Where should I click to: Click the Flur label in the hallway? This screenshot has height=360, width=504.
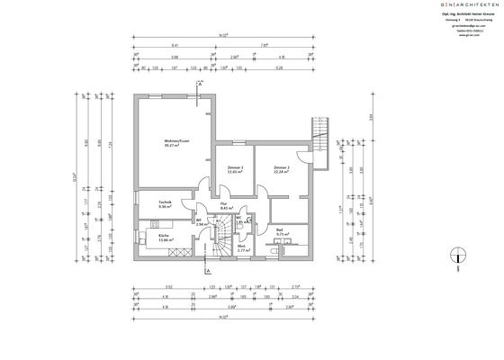[x=223, y=203]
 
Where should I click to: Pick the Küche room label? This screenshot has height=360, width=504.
[x=164, y=237]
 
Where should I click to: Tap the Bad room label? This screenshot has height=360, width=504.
[x=281, y=230]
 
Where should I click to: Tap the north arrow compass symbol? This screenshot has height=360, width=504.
[x=459, y=258]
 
